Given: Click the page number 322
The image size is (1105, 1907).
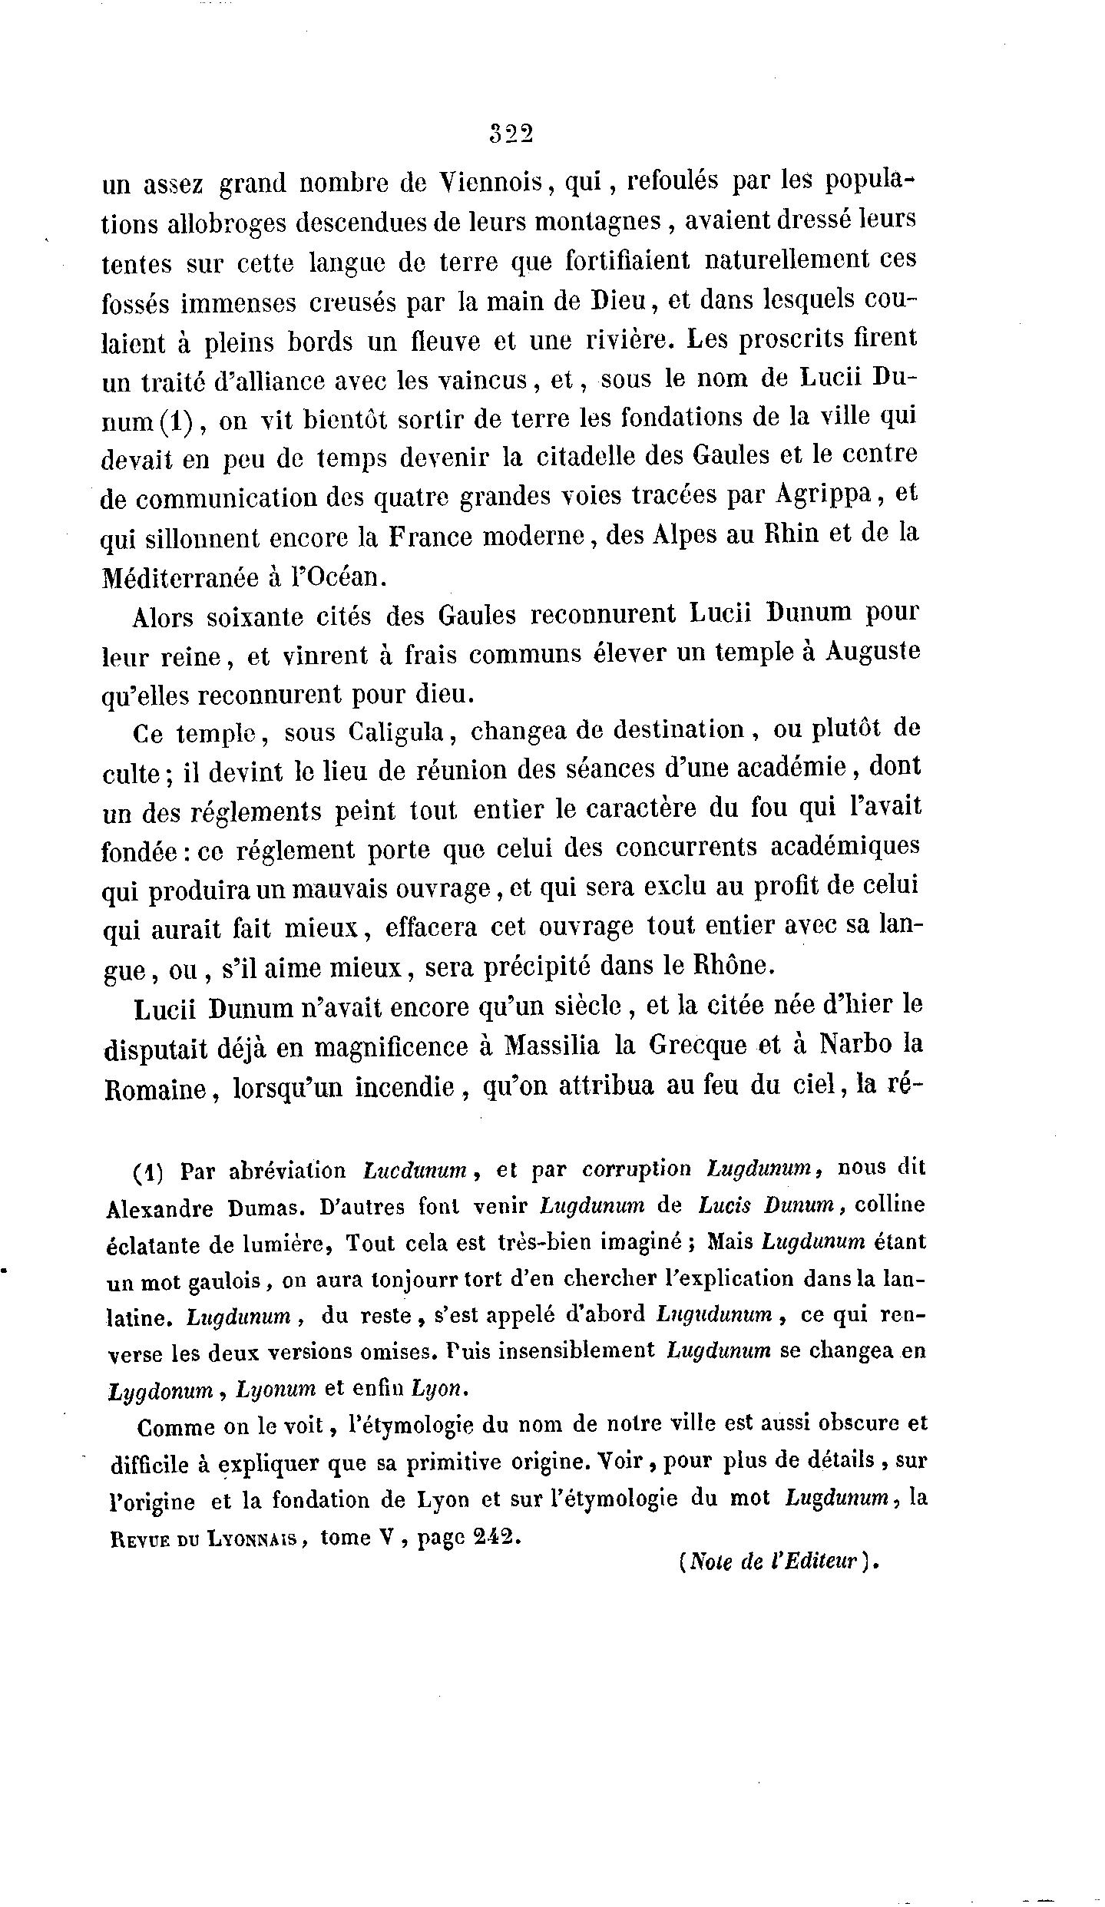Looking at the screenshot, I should [x=511, y=134].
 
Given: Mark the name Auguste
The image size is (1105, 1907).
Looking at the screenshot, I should [x=872, y=653].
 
